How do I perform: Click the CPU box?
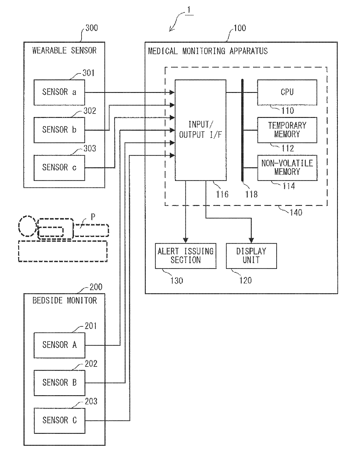point(287,92)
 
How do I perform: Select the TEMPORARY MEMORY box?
point(287,130)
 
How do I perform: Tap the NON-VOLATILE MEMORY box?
point(287,168)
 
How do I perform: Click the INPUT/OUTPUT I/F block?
point(200,130)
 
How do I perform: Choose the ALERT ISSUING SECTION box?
point(186,256)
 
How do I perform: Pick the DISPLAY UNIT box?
point(251,256)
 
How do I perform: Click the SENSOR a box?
point(59,92)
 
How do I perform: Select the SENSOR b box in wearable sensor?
point(59,130)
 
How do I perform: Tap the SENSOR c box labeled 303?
point(59,168)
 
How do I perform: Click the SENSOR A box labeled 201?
point(59,345)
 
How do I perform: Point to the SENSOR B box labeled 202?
point(59,383)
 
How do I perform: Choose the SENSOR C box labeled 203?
point(59,420)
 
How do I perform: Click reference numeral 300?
point(91,28)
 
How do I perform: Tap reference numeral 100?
point(240,28)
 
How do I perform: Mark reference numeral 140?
point(296,213)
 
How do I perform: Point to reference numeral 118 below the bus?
point(251,194)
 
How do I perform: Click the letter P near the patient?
point(93,217)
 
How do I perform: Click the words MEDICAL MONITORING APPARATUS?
point(208,51)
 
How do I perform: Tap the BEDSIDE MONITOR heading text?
point(64,301)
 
